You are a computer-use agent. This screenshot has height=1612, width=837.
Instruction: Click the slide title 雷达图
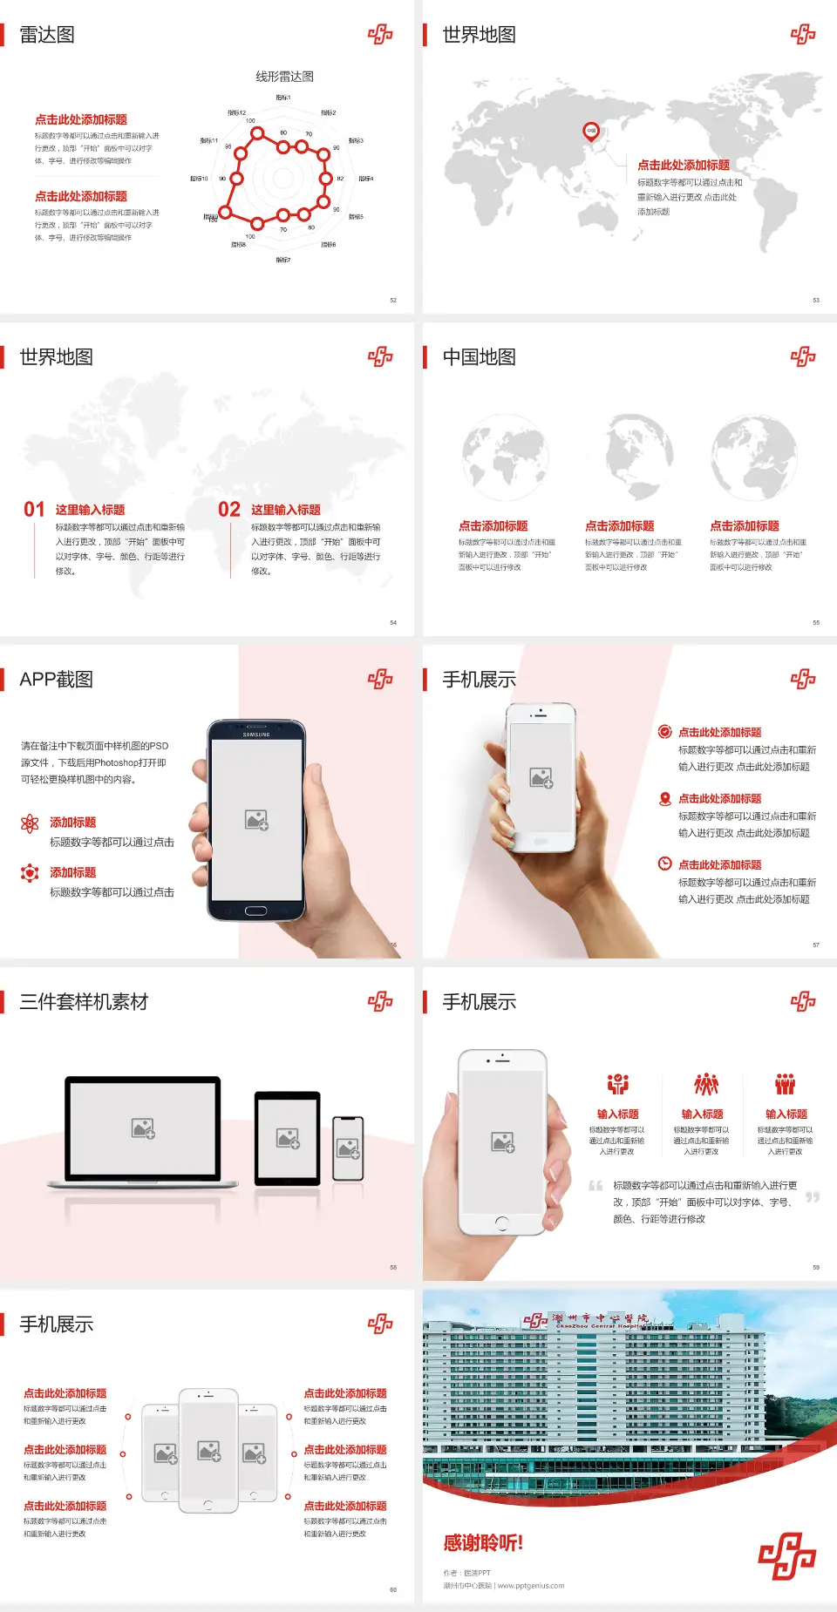47,35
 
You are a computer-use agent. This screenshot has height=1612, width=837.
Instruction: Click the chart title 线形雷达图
284,77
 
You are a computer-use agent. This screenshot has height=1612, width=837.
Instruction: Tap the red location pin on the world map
591,132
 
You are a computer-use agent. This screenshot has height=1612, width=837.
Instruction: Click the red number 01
34,510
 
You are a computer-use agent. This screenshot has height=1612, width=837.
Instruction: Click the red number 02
229,510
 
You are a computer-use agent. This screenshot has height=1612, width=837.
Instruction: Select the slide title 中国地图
479,357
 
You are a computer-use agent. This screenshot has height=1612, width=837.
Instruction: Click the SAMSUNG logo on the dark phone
256,735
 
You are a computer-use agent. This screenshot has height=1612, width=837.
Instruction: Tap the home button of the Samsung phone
255,911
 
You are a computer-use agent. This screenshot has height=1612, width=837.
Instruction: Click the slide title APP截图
56,680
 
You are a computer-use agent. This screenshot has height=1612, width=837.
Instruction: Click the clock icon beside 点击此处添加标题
664,864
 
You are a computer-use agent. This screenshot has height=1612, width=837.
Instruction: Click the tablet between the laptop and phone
288,1137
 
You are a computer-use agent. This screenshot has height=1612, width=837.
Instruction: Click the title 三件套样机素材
84,1002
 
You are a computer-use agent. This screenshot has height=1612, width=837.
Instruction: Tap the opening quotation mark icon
595,1185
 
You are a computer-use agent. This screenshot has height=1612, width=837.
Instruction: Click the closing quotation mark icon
813,1197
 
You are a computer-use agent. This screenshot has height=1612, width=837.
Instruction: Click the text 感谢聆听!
483,1543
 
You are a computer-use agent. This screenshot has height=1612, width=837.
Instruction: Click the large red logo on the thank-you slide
786,1555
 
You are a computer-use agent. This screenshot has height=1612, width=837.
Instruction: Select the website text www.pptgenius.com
531,1586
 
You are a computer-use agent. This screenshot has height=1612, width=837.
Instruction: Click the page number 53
816,300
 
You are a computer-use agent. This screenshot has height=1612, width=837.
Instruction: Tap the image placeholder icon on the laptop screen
143,1128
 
